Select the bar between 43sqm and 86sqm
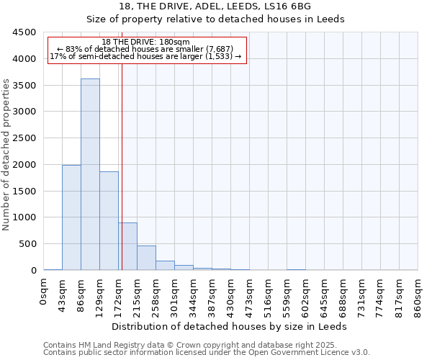tap(71, 217)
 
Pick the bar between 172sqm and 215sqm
tap(127, 246)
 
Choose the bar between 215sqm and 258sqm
tap(146, 258)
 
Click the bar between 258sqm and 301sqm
tap(165, 265)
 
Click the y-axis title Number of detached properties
tap(7, 154)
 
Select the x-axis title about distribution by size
tap(230, 326)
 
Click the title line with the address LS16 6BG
tap(216, 6)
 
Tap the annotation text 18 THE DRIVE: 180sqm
tap(146, 42)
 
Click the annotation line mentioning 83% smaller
tap(146, 49)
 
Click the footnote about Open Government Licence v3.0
tap(207, 352)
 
